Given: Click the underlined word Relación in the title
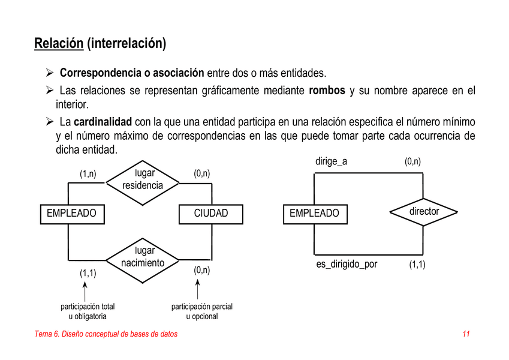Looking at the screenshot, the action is [x=59, y=43].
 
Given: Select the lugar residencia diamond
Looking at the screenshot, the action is [x=143, y=183].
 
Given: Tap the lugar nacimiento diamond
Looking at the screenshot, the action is [x=143, y=260].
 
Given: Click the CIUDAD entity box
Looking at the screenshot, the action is [x=211, y=214].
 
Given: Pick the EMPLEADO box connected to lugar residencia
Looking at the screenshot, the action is [x=73, y=214].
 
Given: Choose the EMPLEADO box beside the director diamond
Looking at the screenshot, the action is [x=315, y=214].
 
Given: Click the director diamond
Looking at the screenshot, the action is [x=423, y=212].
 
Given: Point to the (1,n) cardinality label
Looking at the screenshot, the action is [x=88, y=174].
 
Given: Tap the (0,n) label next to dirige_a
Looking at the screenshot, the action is [x=412, y=161].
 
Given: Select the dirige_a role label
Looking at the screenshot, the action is [x=331, y=161].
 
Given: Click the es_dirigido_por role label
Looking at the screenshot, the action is [x=347, y=264].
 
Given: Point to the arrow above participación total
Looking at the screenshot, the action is [x=85, y=292].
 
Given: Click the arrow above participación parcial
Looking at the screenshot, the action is [x=197, y=289].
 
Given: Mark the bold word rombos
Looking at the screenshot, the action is [x=327, y=91].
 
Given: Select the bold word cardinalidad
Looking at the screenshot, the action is [x=103, y=122].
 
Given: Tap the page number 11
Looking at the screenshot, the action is [x=466, y=334].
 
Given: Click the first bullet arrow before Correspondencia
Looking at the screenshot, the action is [x=50, y=72].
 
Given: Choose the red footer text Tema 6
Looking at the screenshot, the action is [x=47, y=334].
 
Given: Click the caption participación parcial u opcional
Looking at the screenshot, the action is [x=202, y=311].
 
